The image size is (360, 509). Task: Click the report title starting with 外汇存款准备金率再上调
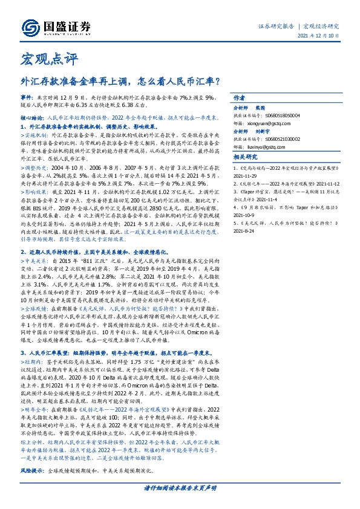(x=120, y=79)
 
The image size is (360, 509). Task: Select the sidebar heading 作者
(x=239, y=98)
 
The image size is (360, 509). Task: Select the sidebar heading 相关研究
(x=244, y=174)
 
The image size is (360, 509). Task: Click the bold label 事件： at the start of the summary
(x=28, y=97)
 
